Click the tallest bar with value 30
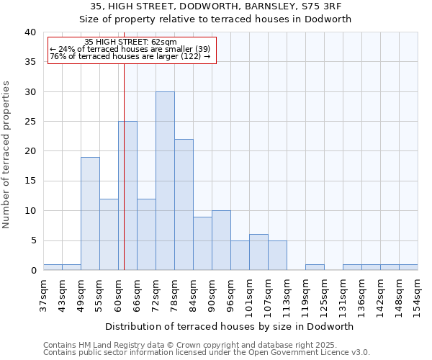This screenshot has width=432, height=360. coord(165,181)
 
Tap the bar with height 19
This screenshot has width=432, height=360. coord(90,214)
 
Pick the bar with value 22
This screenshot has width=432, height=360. coord(184,204)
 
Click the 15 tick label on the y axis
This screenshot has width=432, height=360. coord(30,181)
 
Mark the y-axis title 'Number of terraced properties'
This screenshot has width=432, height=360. coord(7,155)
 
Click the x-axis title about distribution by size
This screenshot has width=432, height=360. coord(230,326)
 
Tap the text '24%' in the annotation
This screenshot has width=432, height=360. coord(67,50)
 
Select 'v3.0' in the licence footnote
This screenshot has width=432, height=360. coord(359,352)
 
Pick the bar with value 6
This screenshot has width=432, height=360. coord(258,252)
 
